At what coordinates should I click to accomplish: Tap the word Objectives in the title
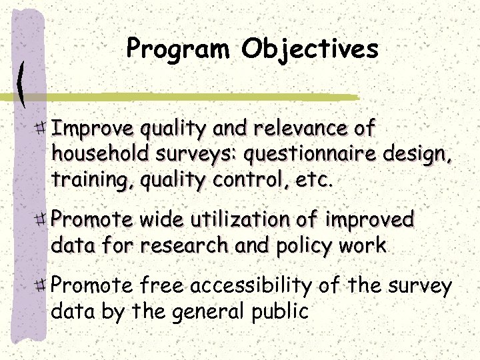click(310, 49)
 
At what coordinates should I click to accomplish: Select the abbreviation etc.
click(313, 181)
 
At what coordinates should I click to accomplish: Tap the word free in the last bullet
click(162, 286)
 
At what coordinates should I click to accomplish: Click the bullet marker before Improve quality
click(41, 126)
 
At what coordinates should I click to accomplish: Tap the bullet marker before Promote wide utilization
click(41, 219)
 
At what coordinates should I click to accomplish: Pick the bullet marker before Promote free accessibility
click(41, 286)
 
